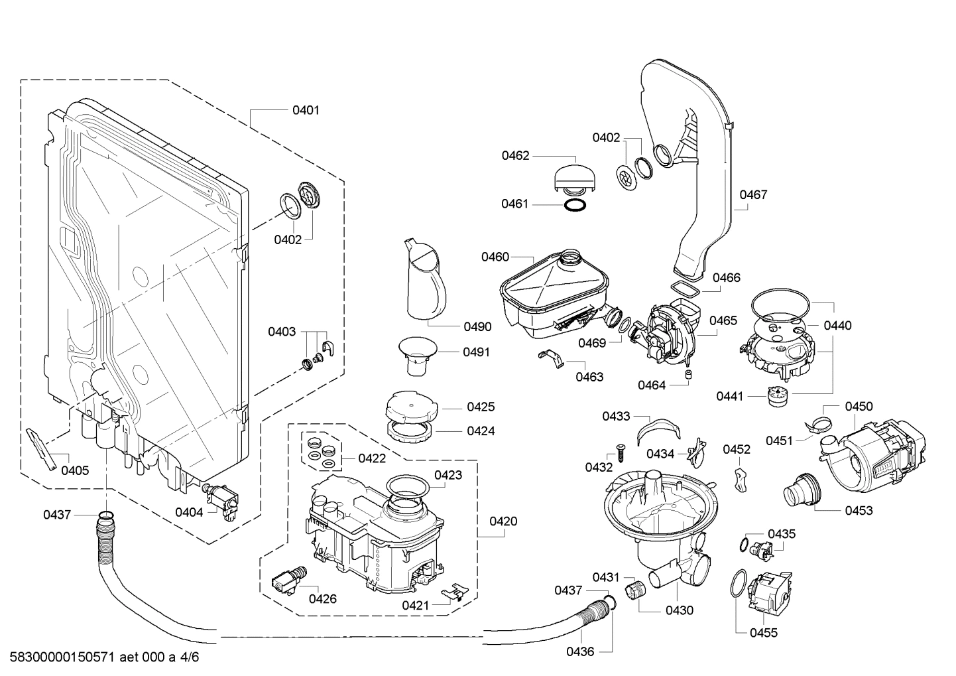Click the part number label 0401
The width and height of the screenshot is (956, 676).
click(306, 110)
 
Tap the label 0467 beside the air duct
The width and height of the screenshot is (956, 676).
click(753, 194)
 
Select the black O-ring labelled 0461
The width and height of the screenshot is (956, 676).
click(575, 204)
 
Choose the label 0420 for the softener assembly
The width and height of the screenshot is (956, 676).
click(503, 521)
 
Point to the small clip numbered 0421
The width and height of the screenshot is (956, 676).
click(455, 590)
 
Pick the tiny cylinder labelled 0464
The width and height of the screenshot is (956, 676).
click(688, 376)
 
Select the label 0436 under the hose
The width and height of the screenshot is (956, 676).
click(580, 651)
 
